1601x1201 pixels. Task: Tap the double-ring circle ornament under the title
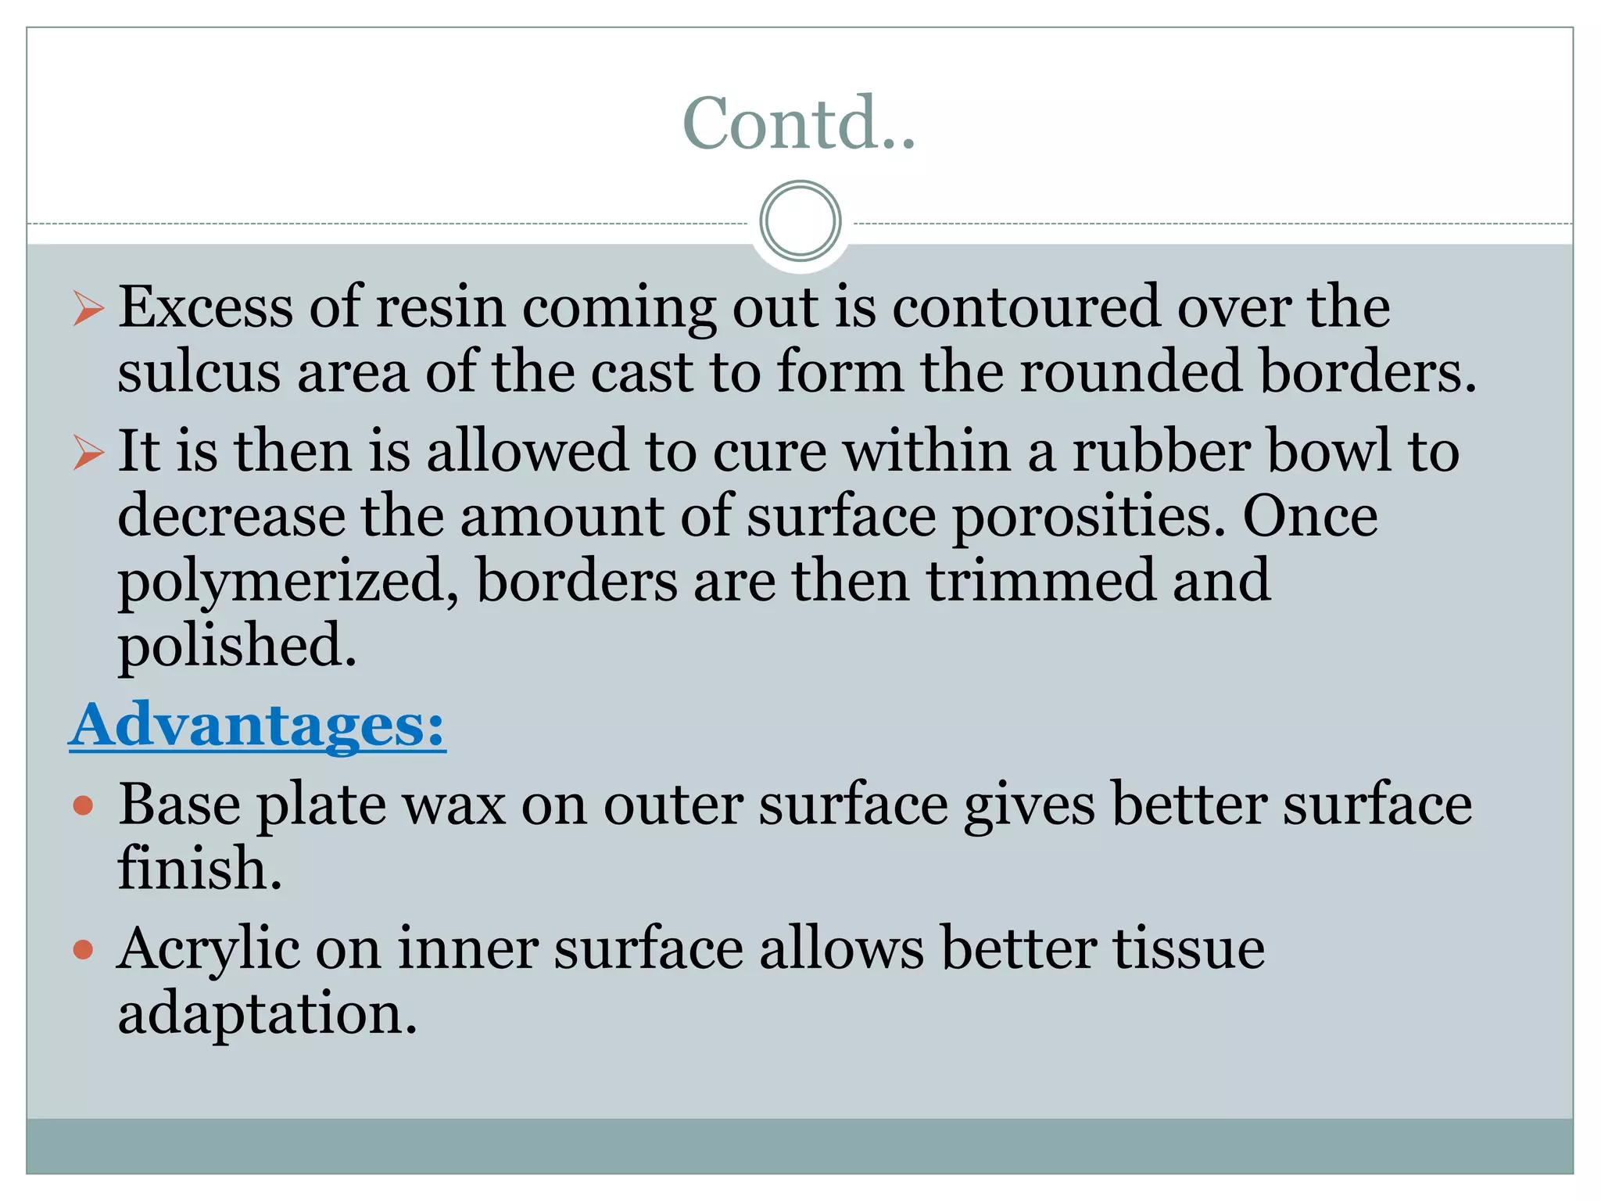[x=800, y=221]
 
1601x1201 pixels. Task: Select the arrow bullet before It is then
[x=88, y=453]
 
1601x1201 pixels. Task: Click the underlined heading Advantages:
[x=257, y=725]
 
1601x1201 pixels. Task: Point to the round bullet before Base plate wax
[x=83, y=805]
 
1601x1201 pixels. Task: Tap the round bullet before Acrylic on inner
[x=83, y=950]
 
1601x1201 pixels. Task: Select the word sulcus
[x=199, y=372]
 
